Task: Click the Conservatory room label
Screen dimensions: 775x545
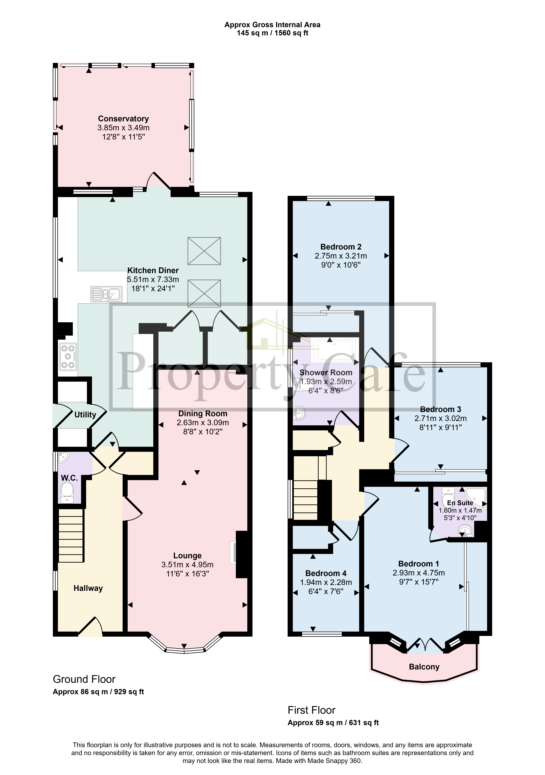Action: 123,119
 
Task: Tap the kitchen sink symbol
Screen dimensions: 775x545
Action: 106,294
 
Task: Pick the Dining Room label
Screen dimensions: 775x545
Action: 203,414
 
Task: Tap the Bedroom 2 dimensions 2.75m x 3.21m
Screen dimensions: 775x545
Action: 341,256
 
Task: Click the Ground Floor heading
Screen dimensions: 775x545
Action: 84,679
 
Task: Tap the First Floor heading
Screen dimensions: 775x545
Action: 311,710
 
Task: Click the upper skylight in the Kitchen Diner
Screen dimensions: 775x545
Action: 204,251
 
